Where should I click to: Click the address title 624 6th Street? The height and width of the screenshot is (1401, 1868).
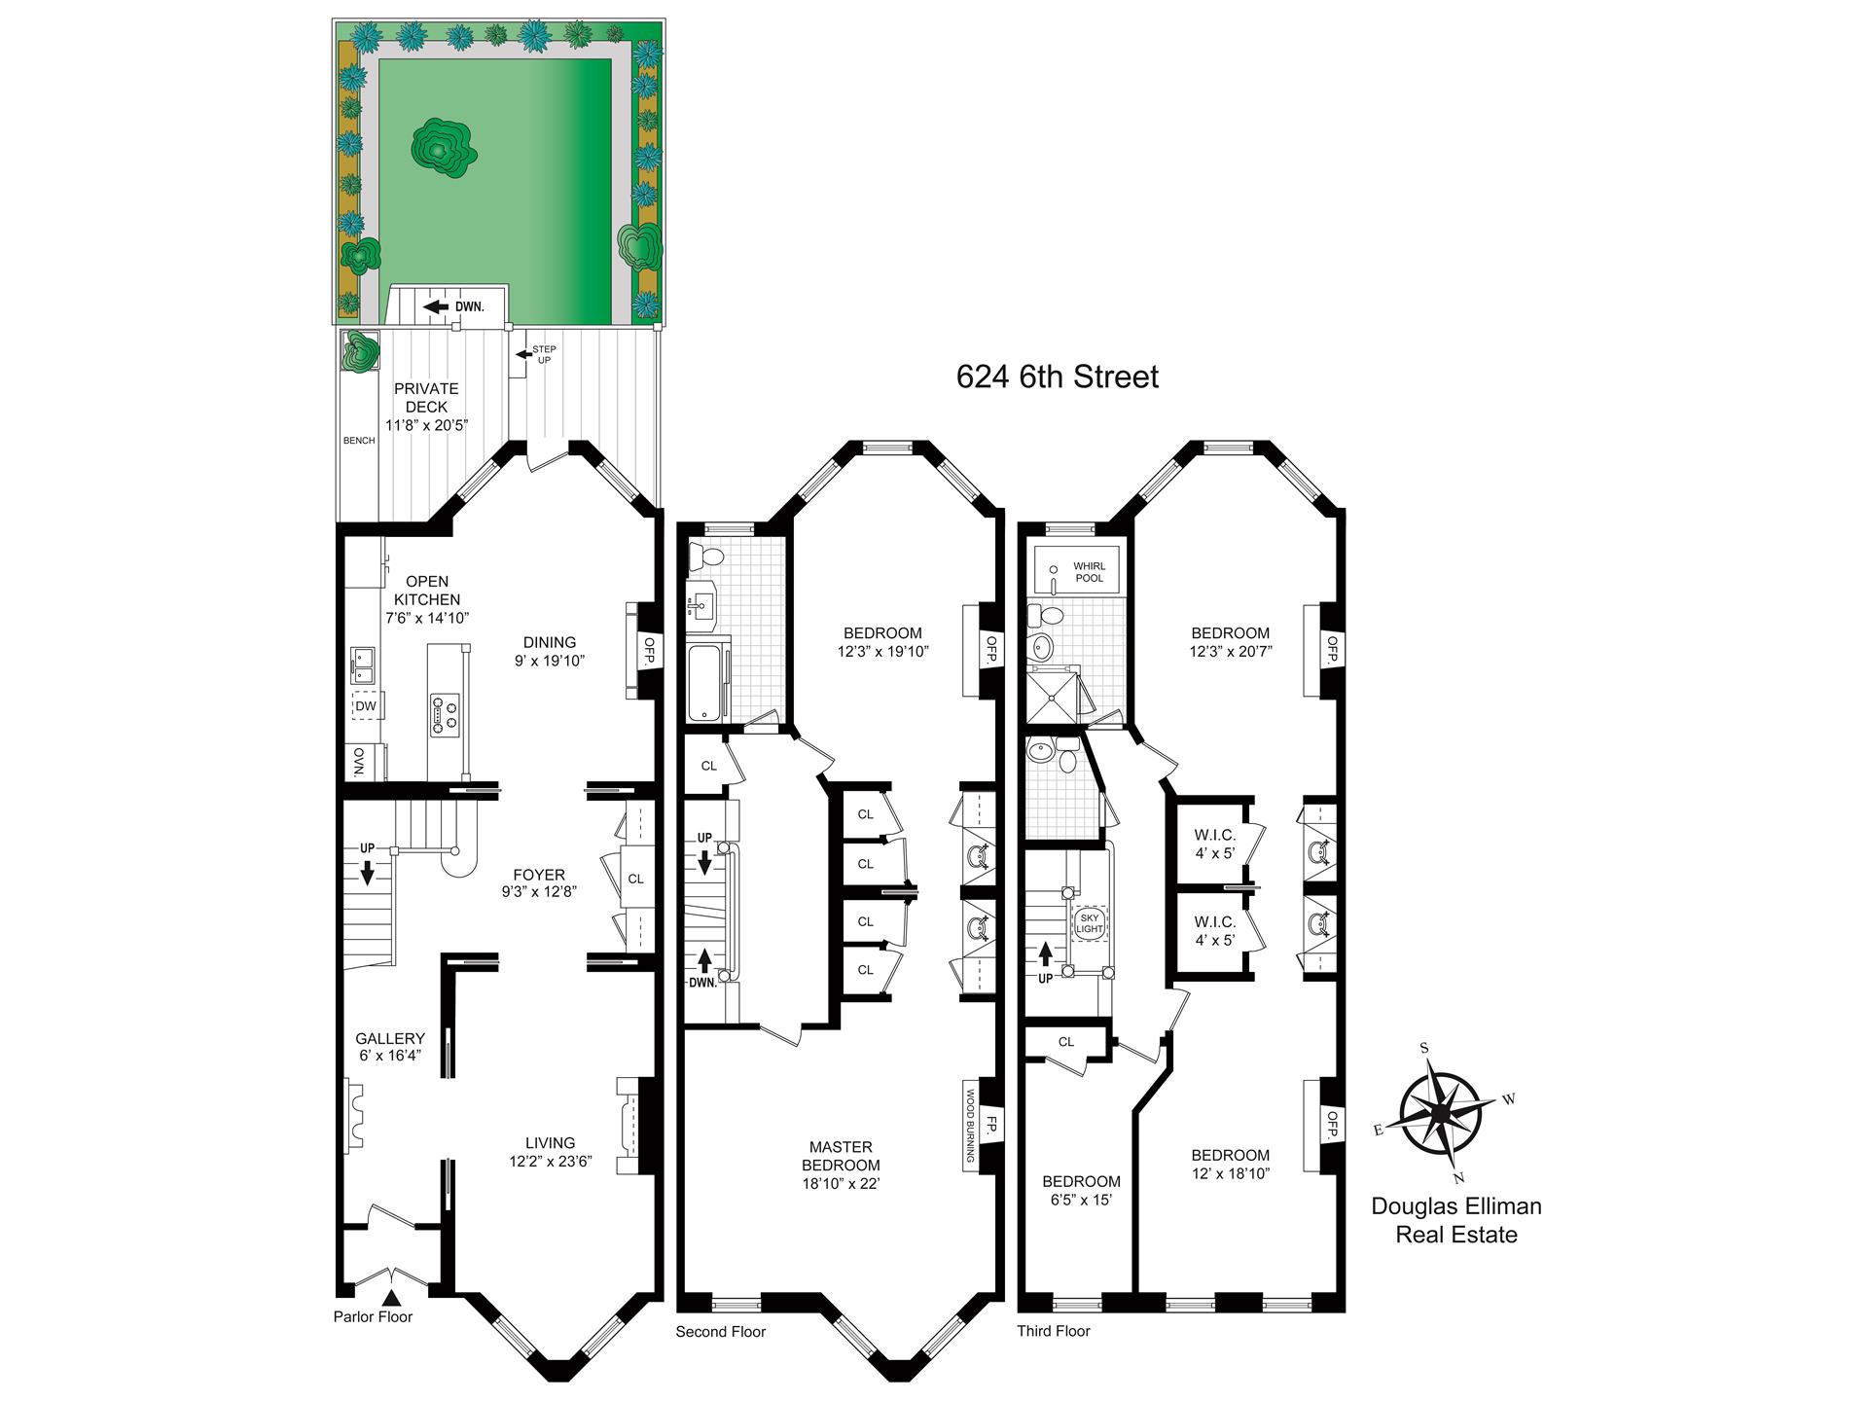click(1057, 377)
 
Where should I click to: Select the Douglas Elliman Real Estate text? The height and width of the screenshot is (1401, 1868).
click(1455, 1220)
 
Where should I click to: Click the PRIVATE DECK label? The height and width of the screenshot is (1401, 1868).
click(426, 397)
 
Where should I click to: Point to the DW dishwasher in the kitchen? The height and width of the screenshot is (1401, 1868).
click(366, 705)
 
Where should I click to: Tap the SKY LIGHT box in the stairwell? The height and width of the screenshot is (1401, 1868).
click(1090, 923)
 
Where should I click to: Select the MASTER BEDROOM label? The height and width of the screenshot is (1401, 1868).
click(841, 1156)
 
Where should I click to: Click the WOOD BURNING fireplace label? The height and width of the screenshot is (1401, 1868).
click(970, 1126)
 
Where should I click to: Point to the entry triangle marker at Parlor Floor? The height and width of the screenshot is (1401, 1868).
click(392, 1297)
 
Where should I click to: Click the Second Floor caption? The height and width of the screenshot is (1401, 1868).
click(721, 1331)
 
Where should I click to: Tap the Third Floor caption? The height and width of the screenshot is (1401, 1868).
click(1054, 1330)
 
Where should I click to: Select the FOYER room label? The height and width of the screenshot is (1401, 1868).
click(538, 875)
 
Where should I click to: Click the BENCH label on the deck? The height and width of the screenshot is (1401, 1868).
click(359, 441)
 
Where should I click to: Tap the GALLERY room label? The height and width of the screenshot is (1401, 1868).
click(389, 1038)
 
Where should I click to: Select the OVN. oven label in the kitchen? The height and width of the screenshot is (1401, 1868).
click(357, 762)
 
